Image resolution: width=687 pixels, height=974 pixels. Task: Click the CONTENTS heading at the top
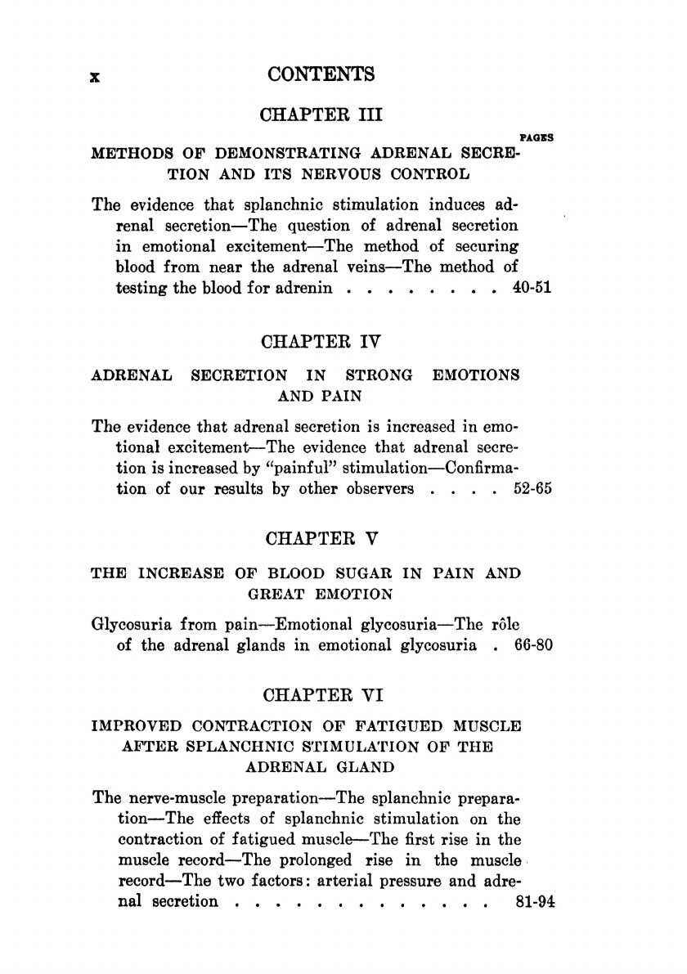[x=321, y=75]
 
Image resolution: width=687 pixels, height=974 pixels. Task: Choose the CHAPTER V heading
[x=321, y=541]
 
